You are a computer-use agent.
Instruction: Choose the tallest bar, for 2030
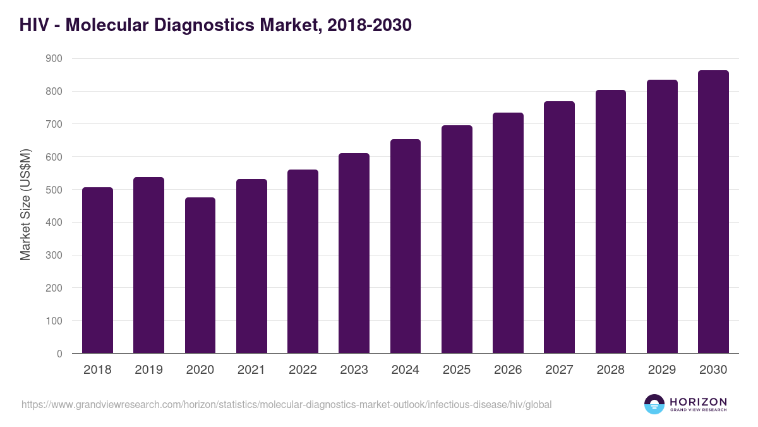[x=713, y=212]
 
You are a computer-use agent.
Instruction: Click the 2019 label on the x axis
[x=148, y=370]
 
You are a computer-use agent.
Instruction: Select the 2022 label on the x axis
[x=303, y=370]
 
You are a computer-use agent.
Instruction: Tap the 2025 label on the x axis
[x=457, y=370]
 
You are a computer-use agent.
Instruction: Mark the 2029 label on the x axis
[x=662, y=370]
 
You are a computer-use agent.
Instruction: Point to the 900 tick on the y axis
[x=54, y=59]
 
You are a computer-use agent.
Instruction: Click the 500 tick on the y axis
[x=54, y=190]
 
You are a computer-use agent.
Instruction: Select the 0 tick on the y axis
[x=59, y=354]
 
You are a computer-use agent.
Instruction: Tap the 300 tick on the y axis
[x=54, y=256]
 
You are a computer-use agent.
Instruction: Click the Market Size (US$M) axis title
[x=25, y=206]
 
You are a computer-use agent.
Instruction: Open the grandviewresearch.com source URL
[x=286, y=404]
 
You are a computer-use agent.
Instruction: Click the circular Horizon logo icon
[x=654, y=404]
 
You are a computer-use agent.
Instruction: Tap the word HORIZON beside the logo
[x=698, y=401]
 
